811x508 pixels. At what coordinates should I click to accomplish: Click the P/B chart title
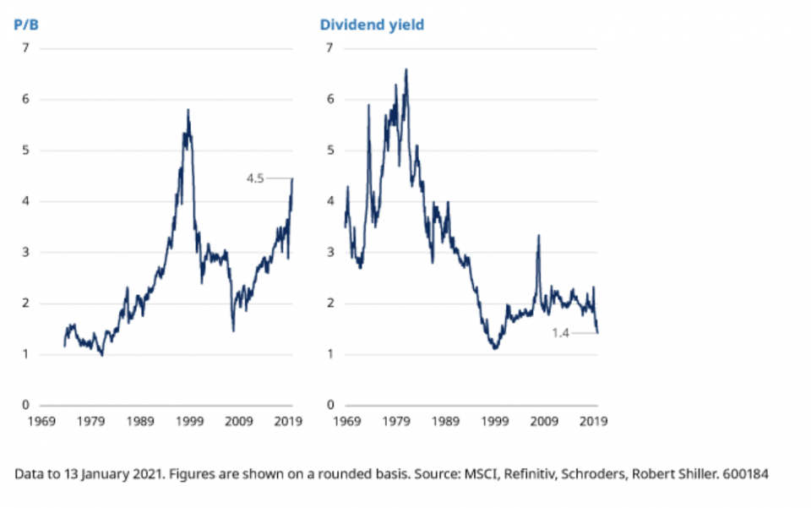click(25, 25)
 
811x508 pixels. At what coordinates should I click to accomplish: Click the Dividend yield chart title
click(372, 25)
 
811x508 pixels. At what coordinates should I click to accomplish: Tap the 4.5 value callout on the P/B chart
click(255, 178)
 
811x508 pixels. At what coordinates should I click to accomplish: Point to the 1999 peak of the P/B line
click(188, 110)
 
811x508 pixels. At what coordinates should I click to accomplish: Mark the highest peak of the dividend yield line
click(406, 70)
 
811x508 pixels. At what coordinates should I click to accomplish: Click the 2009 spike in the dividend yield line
click(538, 236)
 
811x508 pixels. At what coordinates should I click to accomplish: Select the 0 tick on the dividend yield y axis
click(330, 405)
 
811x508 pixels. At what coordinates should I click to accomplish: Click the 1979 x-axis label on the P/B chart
click(90, 420)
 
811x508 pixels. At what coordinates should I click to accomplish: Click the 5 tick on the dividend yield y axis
click(330, 150)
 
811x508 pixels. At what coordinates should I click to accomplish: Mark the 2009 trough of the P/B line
click(233, 330)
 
